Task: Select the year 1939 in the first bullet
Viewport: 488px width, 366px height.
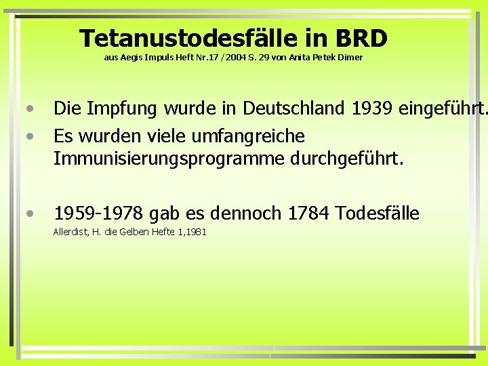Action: click(x=375, y=108)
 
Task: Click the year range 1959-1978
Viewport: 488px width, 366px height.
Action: click(x=99, y=214)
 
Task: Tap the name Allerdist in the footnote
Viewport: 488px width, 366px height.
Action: click(x=70, y=232)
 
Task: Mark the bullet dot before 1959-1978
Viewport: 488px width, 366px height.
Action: click(x=30, y=214)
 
